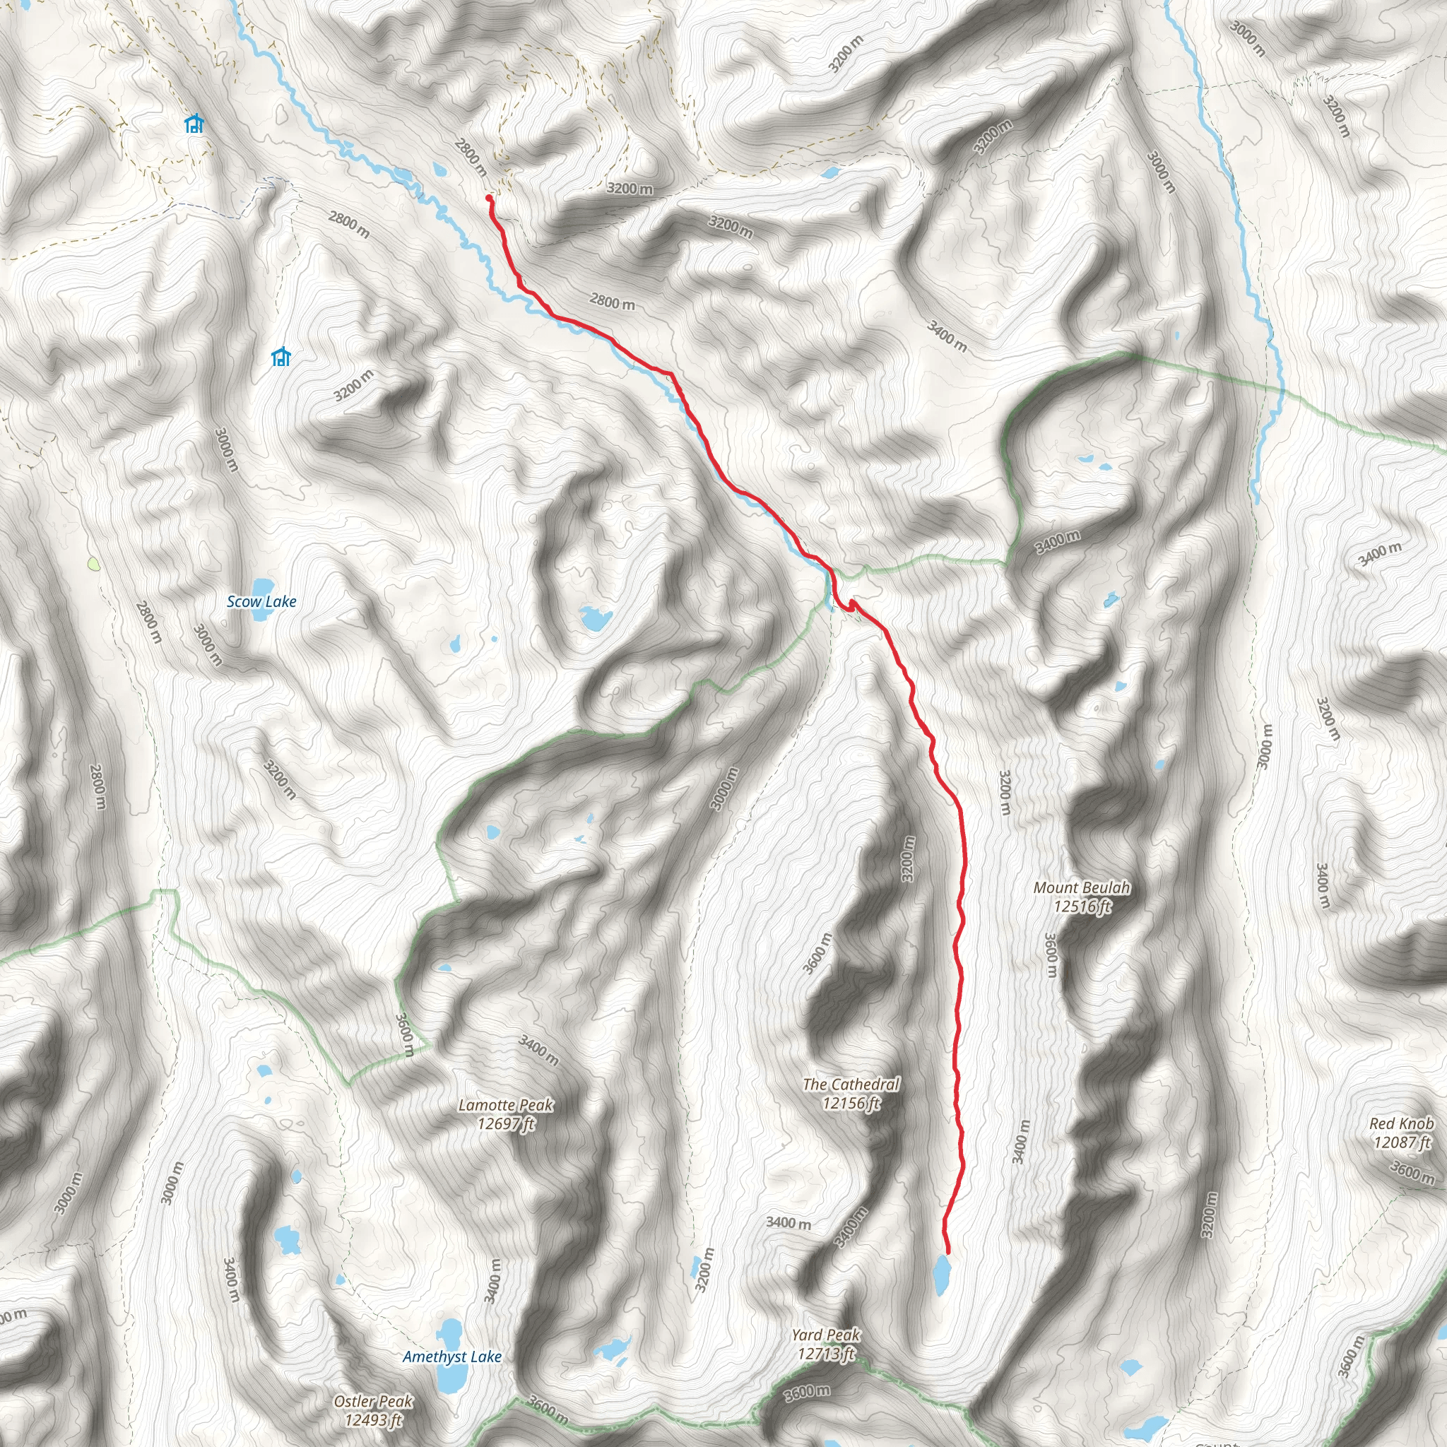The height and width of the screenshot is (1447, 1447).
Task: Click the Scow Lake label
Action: (261, 602)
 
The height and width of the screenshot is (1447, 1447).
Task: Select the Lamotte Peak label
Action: (507, 1105)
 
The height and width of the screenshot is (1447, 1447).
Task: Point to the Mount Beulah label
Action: (1082, 887)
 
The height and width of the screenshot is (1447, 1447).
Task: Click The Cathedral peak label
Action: (851, 1084)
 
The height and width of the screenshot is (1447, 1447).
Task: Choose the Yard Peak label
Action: (826, 1335)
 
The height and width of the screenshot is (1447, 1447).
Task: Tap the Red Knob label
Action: (1401, 1123)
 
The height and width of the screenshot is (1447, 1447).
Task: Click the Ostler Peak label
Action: (373, 1401)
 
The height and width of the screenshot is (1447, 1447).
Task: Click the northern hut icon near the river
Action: (194, 124)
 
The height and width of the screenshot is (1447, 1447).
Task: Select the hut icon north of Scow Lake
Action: (281, 357)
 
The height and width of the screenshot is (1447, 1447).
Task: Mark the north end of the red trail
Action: (489, 198)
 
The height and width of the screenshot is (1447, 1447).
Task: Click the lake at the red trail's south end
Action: (941, 1273)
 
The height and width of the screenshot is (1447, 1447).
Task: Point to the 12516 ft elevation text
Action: (1082, 907)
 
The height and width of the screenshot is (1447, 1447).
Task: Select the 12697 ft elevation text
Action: (507, 1123)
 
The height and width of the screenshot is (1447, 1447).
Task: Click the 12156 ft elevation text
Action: (851, 1102)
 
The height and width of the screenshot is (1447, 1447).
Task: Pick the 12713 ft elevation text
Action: (826, 1353)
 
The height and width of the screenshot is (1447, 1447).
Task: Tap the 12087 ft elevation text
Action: (1401, 1142)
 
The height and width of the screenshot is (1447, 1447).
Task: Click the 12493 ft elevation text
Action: (373, 1420)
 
